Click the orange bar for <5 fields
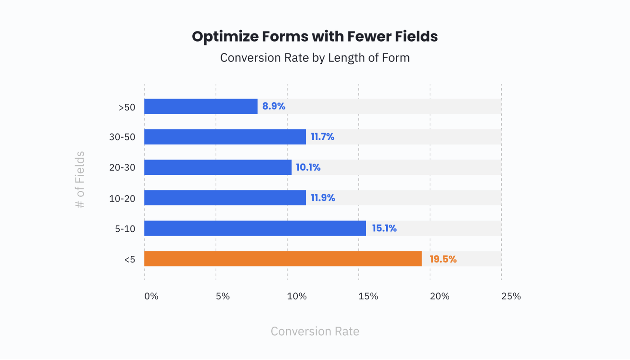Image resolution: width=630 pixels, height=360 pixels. pos(283,259)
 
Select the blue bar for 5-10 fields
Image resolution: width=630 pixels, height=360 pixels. pos(255,228)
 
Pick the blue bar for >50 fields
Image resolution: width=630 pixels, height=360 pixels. pos(201,107)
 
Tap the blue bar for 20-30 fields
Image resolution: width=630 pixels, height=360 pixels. pos(218,167)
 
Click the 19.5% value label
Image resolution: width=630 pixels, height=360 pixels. pos(443,259)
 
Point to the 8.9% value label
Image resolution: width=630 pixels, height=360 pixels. pos(274,106)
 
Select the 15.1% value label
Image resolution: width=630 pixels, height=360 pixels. pos(384,229)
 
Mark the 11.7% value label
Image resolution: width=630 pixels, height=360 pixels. pos(322,137)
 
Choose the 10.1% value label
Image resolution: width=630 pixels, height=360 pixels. pos(308,168)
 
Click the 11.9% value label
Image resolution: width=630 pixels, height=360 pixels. pos(323,198)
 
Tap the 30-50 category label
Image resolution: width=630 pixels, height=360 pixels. pos(122,137)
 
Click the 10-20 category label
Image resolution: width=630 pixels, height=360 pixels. pos(122,199)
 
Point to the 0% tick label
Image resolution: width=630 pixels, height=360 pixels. pos(151,296)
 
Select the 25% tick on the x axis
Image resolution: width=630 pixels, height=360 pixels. pos(511,296)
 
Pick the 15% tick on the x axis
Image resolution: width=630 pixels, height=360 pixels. pos(368,296)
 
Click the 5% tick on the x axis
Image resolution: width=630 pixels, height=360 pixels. pos(223,296)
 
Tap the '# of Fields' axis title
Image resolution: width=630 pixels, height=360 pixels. pos(80,180)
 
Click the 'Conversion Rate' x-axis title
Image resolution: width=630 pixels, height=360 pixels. pos(315,331)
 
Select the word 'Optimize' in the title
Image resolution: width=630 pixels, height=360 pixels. pos(225,37)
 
